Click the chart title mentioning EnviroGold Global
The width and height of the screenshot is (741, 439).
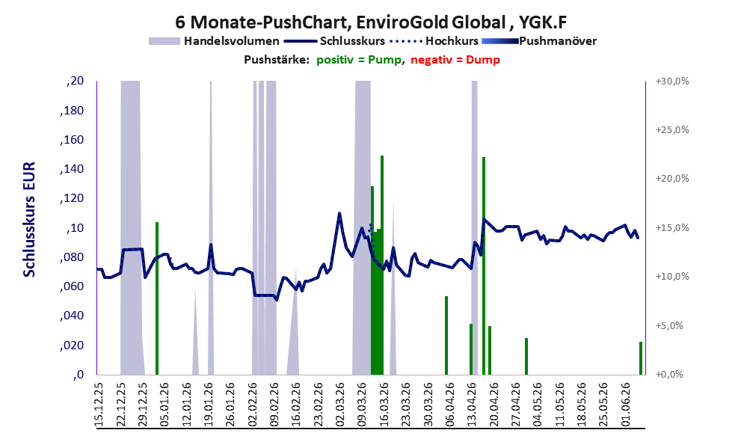[x=371, y=22]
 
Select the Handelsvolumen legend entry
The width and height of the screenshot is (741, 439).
[x=214, y=41]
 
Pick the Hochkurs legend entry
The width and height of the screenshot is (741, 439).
[x=434, y=41]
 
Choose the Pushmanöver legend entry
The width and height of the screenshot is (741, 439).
[x=539, y=41]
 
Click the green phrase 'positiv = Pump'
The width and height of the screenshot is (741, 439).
[x=359, y=60]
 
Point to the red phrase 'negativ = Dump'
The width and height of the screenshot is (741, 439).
[x=455, y=60]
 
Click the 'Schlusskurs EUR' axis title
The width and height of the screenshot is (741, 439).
[x=29, y=220]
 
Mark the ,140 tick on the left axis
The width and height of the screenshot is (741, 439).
[x=72, y=169]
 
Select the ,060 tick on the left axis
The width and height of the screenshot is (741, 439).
[x=72, y=286]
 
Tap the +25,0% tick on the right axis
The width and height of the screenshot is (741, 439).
[x=672, y=130]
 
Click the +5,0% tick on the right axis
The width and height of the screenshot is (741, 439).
[x=669, y=325]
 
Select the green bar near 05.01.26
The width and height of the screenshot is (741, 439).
[x=157, y=298]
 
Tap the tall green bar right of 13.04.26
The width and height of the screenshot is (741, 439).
[x=484, y=265]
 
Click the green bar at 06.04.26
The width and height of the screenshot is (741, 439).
[x=446, y=335]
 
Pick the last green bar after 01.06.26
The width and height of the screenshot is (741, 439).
[x=641, y=358]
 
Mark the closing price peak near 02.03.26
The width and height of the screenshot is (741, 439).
[x=339, y=214]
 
